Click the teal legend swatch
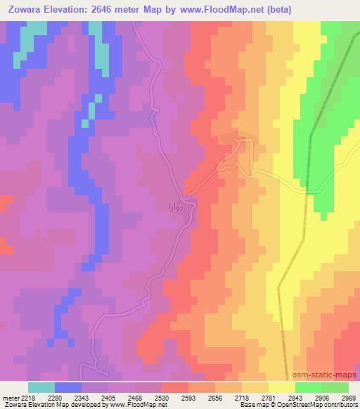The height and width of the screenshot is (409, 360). [41, 387]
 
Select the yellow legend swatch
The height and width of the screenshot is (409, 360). [282, 387]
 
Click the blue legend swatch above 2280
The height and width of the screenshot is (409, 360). [68, 387]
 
